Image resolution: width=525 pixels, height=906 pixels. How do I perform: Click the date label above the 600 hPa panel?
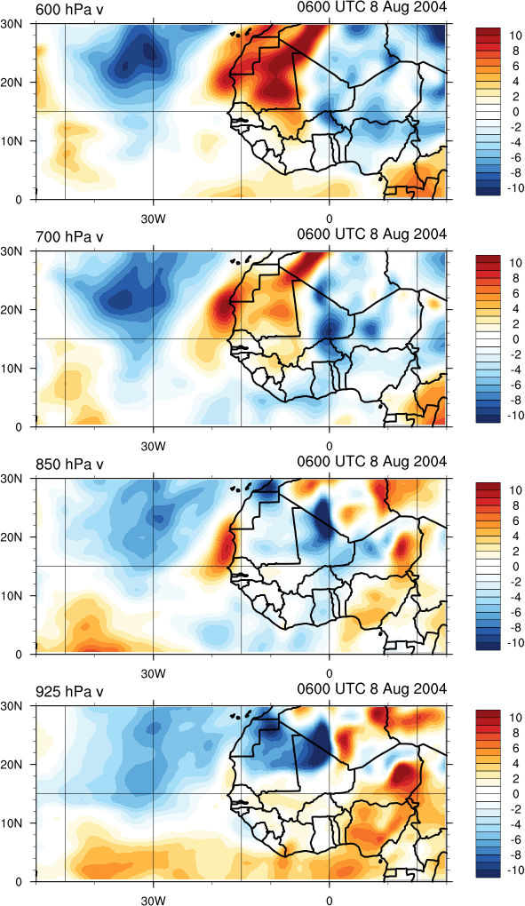[x=372, y=7]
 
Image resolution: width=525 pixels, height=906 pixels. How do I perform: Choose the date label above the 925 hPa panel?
[x=372, y=688]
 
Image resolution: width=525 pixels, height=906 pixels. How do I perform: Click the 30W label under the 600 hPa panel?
[x=153, y=219]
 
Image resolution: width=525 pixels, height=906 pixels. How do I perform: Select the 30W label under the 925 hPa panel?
[x=153, y=900]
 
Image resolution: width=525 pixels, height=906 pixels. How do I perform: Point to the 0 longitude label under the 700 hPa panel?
[x=329, y=447]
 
